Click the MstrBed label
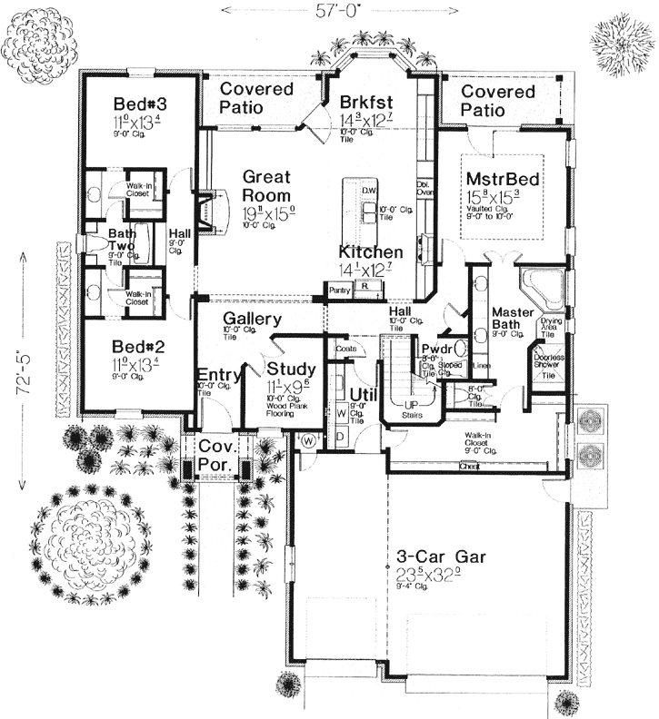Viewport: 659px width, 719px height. pos(502,179)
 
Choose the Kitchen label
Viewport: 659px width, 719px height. pos(371,251)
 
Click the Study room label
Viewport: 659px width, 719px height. pos(291,369)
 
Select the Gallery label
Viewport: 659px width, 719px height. pos(252,320)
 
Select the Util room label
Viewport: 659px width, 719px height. pos(363,394)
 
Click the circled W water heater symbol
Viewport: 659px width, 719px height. pos(308,440)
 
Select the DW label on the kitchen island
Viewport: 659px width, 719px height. pos(368,190)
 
